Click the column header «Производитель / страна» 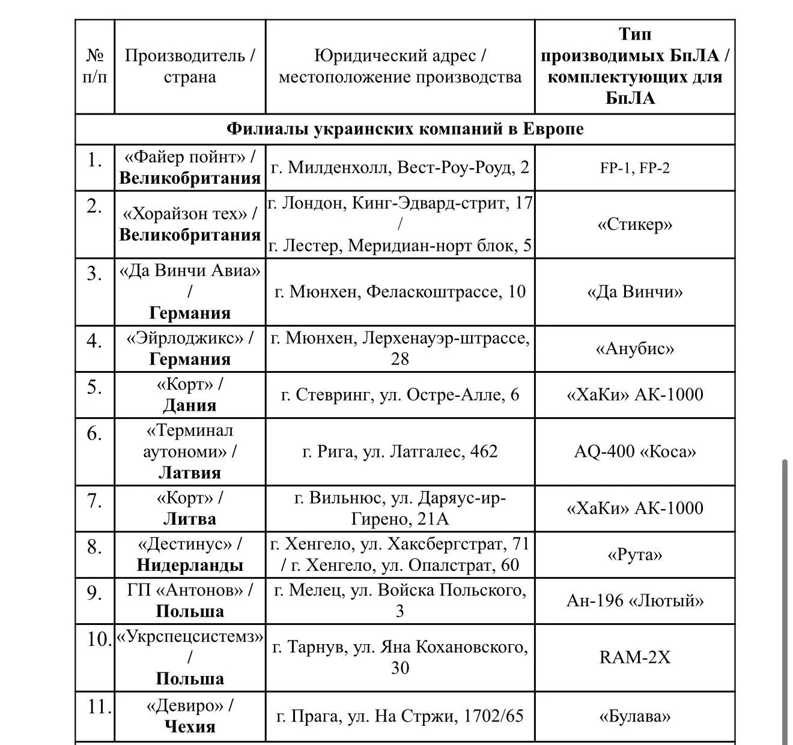point(189,67)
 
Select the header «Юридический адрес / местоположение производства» point(400,67)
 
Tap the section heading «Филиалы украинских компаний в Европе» point(405,129)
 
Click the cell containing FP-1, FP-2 point(634,168)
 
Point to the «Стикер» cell point(634,225)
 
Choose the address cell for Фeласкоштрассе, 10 point(400,292)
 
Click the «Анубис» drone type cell point(634,349)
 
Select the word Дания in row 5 point(189,405)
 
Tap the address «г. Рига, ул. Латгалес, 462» point(400,451)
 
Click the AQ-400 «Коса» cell point(634,451)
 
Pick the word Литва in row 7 point(189,519)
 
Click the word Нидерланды point(189,565)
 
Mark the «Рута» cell point(634,555)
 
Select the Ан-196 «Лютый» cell point(634,601)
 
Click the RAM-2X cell point(634,657)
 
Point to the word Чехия point(189,726)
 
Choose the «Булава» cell point(634,716)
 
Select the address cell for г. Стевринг point(400,395)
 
